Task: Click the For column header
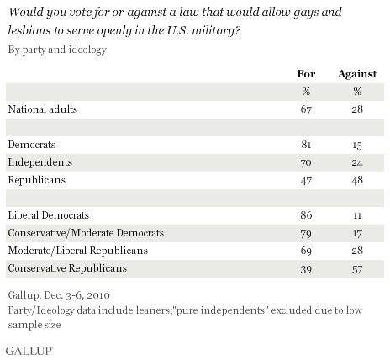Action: [306, 74]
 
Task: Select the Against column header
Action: [357, 74]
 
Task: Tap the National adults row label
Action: [42, 109]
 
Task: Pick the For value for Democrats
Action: [306, 145]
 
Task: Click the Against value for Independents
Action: [357, 162]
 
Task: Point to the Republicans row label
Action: [37, 180]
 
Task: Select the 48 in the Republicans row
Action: [357, 180]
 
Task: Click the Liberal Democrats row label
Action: [49, 215]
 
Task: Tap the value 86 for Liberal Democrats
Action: [306, 215]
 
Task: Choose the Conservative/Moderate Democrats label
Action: [86, 233]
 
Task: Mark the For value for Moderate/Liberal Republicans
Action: [306, 251]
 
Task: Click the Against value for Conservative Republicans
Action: [357, 269]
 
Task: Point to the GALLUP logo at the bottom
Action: [29, 351]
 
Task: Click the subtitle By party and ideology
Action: [57, 50]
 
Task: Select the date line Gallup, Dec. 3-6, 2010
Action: [59, 295]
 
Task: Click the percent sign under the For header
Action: [306, 92]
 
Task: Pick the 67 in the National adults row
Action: [306, 109]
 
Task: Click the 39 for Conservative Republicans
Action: [306, 269]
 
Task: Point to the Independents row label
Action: [40, 162]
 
